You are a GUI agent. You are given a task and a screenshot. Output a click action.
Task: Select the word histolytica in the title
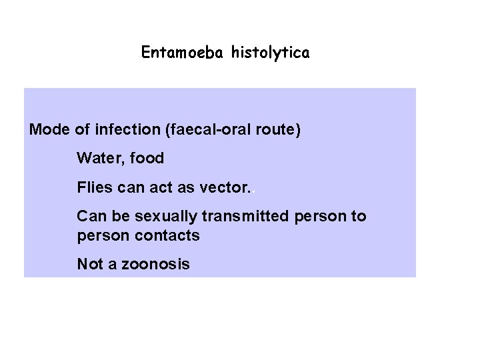pos(270,53)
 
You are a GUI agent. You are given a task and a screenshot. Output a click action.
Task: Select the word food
pos(145,159)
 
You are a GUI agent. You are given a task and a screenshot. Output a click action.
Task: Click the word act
pos(163,188)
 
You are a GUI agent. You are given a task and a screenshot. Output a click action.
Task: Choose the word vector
pos(224,188)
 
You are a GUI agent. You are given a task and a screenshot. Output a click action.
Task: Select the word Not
pos(89,264)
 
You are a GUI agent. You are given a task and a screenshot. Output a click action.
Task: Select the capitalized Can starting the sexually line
pos(91,217)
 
